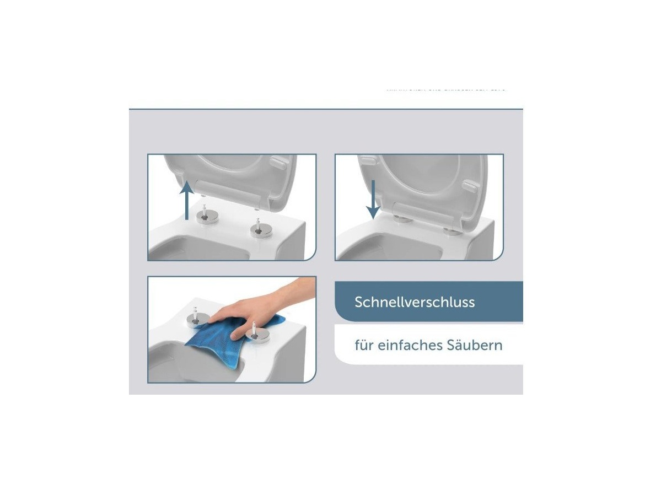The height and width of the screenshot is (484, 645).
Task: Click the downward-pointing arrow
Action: (x=373, y=198)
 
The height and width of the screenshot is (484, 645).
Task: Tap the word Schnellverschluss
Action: (x=415, y=302)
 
